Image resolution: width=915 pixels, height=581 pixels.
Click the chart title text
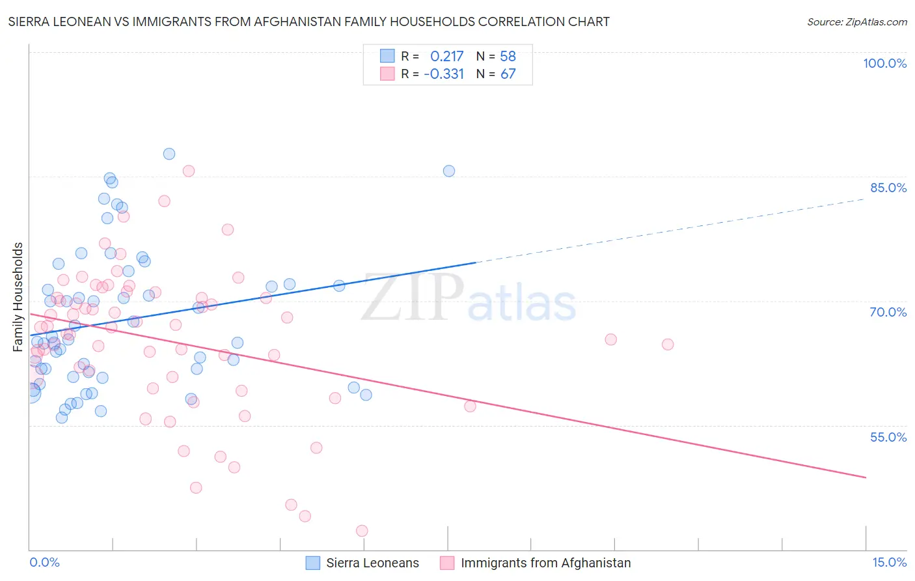tap(308, 21)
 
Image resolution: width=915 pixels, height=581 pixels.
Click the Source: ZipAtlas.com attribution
tap(856, 21)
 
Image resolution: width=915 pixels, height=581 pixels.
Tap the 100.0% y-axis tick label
tap(884, 63)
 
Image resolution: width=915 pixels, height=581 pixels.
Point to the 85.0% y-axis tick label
tap(888, 188)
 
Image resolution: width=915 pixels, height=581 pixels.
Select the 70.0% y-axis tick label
tap(888, 312)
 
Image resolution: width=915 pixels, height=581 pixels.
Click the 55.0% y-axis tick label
tap(888, 437)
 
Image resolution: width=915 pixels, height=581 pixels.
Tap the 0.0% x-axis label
tap(44, 562)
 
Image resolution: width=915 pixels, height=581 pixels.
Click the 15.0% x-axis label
tap(889, 562)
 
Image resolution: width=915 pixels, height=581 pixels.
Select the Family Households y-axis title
tap(18, 297)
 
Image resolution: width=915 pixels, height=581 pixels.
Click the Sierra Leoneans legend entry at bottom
tap(363, 563)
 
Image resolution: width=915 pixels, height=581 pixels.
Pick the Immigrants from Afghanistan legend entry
tap(536, 563)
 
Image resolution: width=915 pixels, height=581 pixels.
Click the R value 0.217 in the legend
tap(446, 57)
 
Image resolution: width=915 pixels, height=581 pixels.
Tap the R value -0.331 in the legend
tap(444, 74)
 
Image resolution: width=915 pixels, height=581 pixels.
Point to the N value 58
tap(508, 57)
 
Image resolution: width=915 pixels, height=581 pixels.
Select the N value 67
tap(508, 74)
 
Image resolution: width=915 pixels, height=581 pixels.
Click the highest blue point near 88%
tap(169, 154)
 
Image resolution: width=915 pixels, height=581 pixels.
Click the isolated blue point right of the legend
tap(449, 171)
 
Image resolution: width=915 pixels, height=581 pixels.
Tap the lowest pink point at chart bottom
tap(362, 531)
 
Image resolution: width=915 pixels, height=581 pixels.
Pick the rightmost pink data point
tap(667, 345)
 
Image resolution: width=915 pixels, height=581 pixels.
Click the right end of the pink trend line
tap(866, 477)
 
